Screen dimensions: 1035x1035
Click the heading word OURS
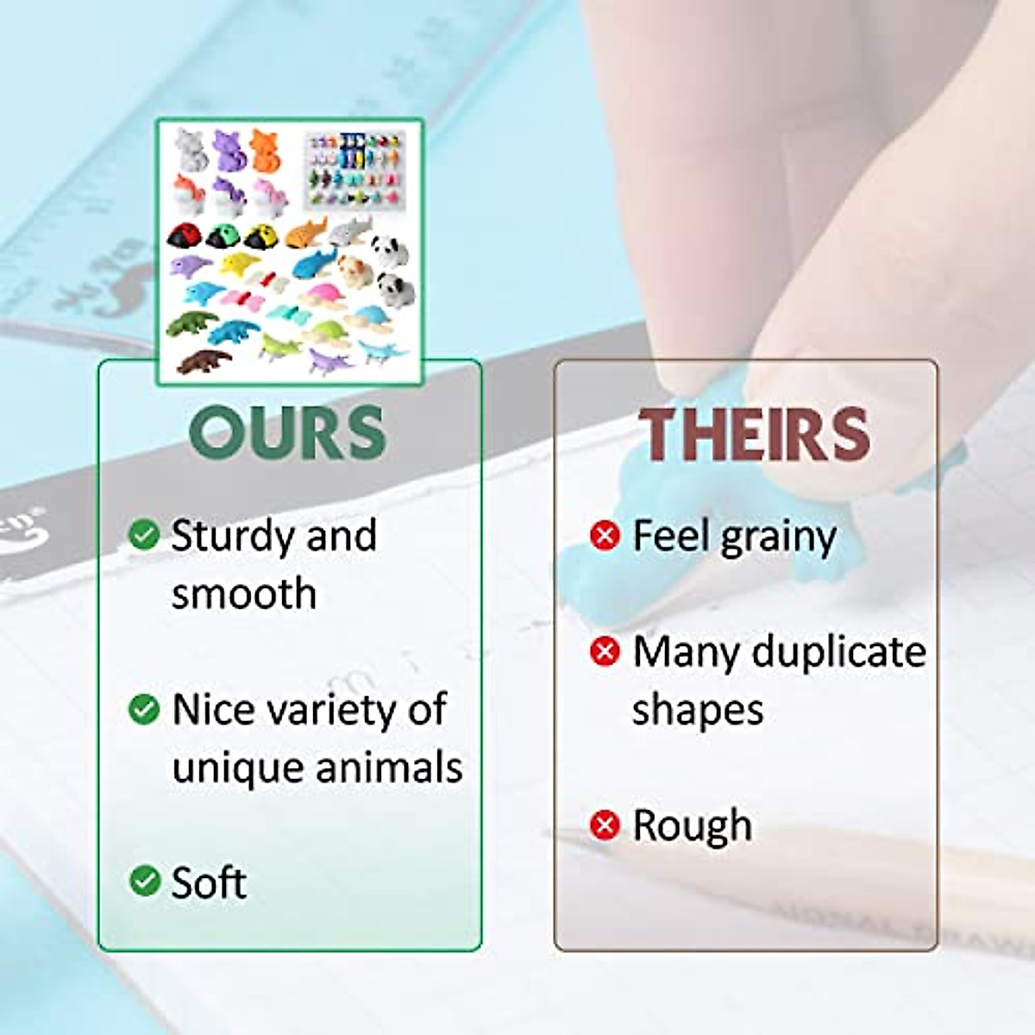(287, 432)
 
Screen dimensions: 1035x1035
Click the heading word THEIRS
(754, 434)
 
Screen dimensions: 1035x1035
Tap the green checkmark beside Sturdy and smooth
(144, 535)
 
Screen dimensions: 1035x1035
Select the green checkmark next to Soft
(145, 881)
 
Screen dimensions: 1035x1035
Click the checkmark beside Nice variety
(144, 709)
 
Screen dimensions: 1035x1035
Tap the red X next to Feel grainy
(605, 535)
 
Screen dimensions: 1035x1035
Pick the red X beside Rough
(605, 825)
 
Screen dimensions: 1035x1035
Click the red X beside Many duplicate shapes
(605, 651)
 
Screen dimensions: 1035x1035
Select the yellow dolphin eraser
(240, 265)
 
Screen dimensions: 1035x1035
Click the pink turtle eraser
(320, 295)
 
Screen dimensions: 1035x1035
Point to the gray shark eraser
(349, 231)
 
